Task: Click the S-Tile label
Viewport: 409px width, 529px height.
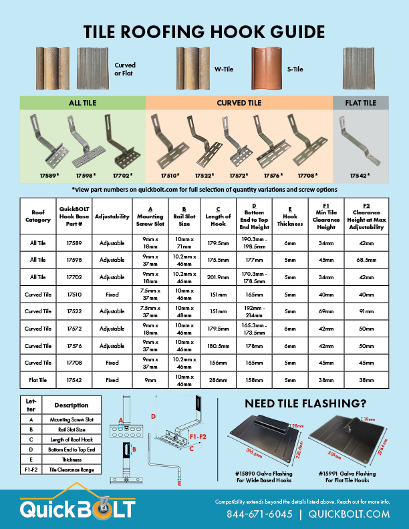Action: pos(295,69)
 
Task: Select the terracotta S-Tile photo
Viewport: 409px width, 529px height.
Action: pos(266,69)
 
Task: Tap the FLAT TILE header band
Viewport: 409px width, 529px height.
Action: pos(361,103)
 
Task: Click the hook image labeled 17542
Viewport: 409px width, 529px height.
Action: pos(360,141)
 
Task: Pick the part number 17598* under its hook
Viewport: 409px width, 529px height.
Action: pos(86,176)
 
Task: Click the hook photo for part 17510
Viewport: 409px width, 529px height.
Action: pos(167,141)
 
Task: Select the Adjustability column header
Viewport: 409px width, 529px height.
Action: pos(112,216)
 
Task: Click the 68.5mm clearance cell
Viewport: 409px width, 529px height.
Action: pos(366,260)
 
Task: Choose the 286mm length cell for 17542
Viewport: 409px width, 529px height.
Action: pos(218,380)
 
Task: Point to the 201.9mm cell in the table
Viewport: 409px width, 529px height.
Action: pos(218,277)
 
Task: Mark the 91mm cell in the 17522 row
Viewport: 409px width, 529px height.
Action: pos(366,311)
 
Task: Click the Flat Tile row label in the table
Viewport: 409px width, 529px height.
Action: pos(38,380)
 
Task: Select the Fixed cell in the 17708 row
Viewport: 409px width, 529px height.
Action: pos(112,363)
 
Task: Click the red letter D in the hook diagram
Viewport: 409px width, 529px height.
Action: pos(153,417)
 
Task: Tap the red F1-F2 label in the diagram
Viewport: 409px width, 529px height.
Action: pos(198,437)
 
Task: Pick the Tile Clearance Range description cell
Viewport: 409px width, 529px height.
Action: pos(72,470)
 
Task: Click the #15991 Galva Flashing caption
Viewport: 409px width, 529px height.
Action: pos(348,474)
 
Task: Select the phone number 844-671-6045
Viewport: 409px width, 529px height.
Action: pos(259,514)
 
